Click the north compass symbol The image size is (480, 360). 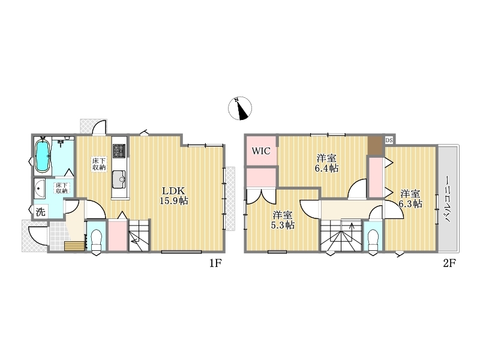pyautogui.click(x=240, y=109)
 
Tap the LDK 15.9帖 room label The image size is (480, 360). pyautogui.click(x=173, y=196)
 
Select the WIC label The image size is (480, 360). pyautogui.click(x=261, y=151)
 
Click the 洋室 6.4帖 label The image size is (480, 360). pyautogui.click(x=327, y=163)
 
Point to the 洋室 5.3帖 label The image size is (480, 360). pyautogui.click(x=283, y=220)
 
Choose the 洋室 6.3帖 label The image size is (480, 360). pyautogui.click(x=410, y=199)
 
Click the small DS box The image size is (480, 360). pyautogui.click(x=389, y=140)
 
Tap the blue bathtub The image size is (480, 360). pyautogui.click(x=43, y=156)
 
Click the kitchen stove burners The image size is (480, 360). pyautogui.click(x=119, y=151)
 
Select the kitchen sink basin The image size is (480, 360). pyautogui.click(x=119, y=179)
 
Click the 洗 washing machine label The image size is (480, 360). pyautogui.click(x=40, y=212)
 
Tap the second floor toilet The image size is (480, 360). pyautogui.click(x=373, y=239)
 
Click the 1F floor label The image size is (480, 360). pyautogui.click(x=215, y=263)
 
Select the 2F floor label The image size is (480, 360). pyautogui.click(x=449, y=263)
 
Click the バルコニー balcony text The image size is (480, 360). pyautogui.click(x=448, y=199)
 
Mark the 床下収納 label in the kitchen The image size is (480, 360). pyautogui.click(x=99, y=164)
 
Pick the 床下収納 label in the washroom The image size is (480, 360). pyautogui.click(x=62, y=188)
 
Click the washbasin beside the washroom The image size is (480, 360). pyautogui.click(x=40, y=188)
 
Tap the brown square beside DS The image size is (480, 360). pyautogui.click(x=376, y=146)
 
